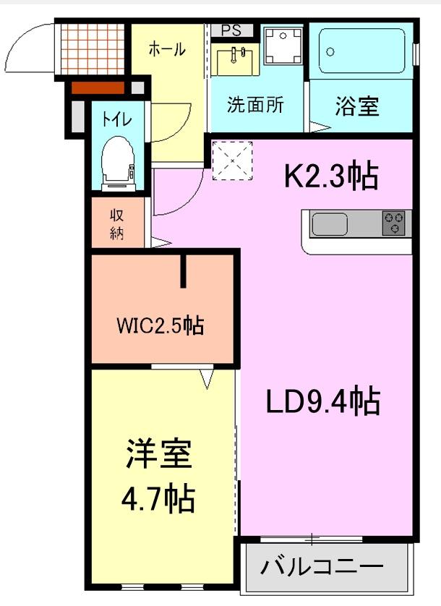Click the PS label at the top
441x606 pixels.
pos(231,30)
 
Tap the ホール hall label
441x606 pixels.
pos(167,49)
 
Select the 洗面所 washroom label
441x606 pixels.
pos(255,105)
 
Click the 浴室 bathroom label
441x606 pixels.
pos(356,106)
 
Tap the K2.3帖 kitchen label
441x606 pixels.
pos(331,176)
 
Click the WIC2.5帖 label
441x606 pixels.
pos(160,326)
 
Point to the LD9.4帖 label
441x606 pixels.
pos(322,401)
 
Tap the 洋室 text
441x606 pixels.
pos(158,455)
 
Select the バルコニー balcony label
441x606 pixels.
pos(322,564)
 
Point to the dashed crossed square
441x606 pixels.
pos(233,159)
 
